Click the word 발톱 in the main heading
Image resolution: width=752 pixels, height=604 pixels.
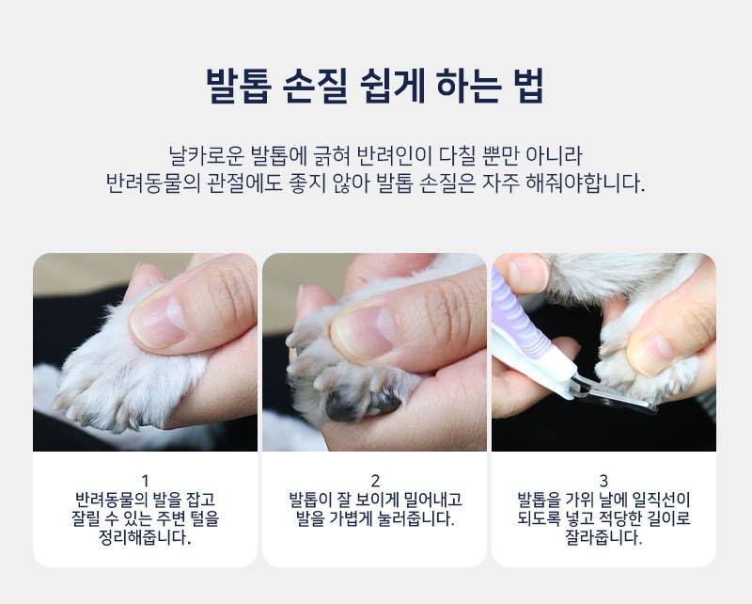click(239, 86)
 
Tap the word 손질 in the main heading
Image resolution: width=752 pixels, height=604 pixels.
click(315, 86)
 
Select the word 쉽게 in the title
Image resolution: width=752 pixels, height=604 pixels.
click(392, 86)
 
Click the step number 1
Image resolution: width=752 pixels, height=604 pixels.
click(146, 481)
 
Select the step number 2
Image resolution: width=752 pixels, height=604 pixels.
click(375, 481)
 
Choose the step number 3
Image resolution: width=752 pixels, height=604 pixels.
click(603, 481)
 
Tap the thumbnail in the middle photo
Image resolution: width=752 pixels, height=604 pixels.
click(364, 333)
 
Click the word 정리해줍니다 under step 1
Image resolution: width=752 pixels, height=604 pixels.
click(145, 538)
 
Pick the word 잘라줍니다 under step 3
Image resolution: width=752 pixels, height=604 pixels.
click(603, 538)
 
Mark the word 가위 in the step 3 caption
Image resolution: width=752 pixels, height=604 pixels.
click(580, 500)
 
